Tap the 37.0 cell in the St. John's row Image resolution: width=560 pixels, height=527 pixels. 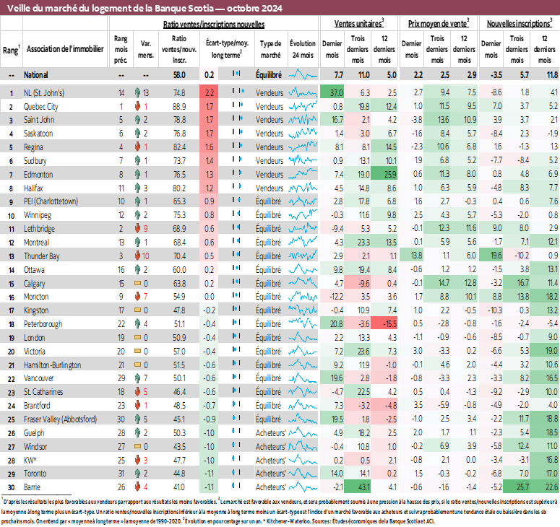pyautogui.click(x=335, y=92)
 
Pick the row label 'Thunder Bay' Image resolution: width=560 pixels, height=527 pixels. pyautogui.click(x=43, y=256)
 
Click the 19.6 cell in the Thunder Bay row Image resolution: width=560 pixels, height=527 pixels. pyautogui.click(x=494, y=256)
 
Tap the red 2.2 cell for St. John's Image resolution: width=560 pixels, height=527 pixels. pyautogui.click(x=210, y=92)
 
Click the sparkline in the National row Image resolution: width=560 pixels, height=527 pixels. pyautogui.click(x=303, y=74)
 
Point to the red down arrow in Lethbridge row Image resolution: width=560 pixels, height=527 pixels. pyautogui.click(x=137, y=228)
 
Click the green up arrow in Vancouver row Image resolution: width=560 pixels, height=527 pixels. pyautogui.click(x=137, y=378)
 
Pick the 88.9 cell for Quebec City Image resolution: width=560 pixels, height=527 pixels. pyautogui.click(x=179, y=106)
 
